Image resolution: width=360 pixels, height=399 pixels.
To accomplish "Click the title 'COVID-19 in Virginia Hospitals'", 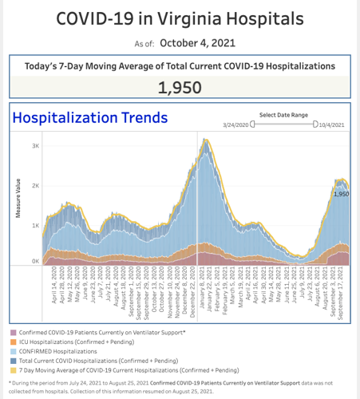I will click(180, 18).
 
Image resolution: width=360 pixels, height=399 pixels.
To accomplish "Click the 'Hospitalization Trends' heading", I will click(89, 118).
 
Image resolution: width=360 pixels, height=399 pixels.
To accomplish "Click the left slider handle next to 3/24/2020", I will click(252, 124).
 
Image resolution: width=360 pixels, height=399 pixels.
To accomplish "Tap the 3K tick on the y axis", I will click(36, 145).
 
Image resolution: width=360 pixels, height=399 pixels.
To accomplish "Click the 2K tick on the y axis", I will click(36, 184).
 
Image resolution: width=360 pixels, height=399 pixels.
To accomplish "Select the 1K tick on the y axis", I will click(36, 225).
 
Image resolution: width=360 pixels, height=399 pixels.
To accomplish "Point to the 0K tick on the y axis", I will click(36, 261).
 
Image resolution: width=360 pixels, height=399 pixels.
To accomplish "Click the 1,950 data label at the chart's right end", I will click(341, 194).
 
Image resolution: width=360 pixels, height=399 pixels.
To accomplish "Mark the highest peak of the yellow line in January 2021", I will click(205, 140).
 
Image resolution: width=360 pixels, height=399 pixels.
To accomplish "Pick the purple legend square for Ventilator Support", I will click(13, 331).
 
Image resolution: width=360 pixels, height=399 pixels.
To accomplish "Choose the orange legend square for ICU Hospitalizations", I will click(13, 341).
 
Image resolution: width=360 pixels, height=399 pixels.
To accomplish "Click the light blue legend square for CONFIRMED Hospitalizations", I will click(13, 350).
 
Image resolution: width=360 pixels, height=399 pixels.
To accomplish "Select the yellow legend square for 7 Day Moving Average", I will click(13, 369).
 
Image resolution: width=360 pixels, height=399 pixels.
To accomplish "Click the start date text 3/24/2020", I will click(236, 124).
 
